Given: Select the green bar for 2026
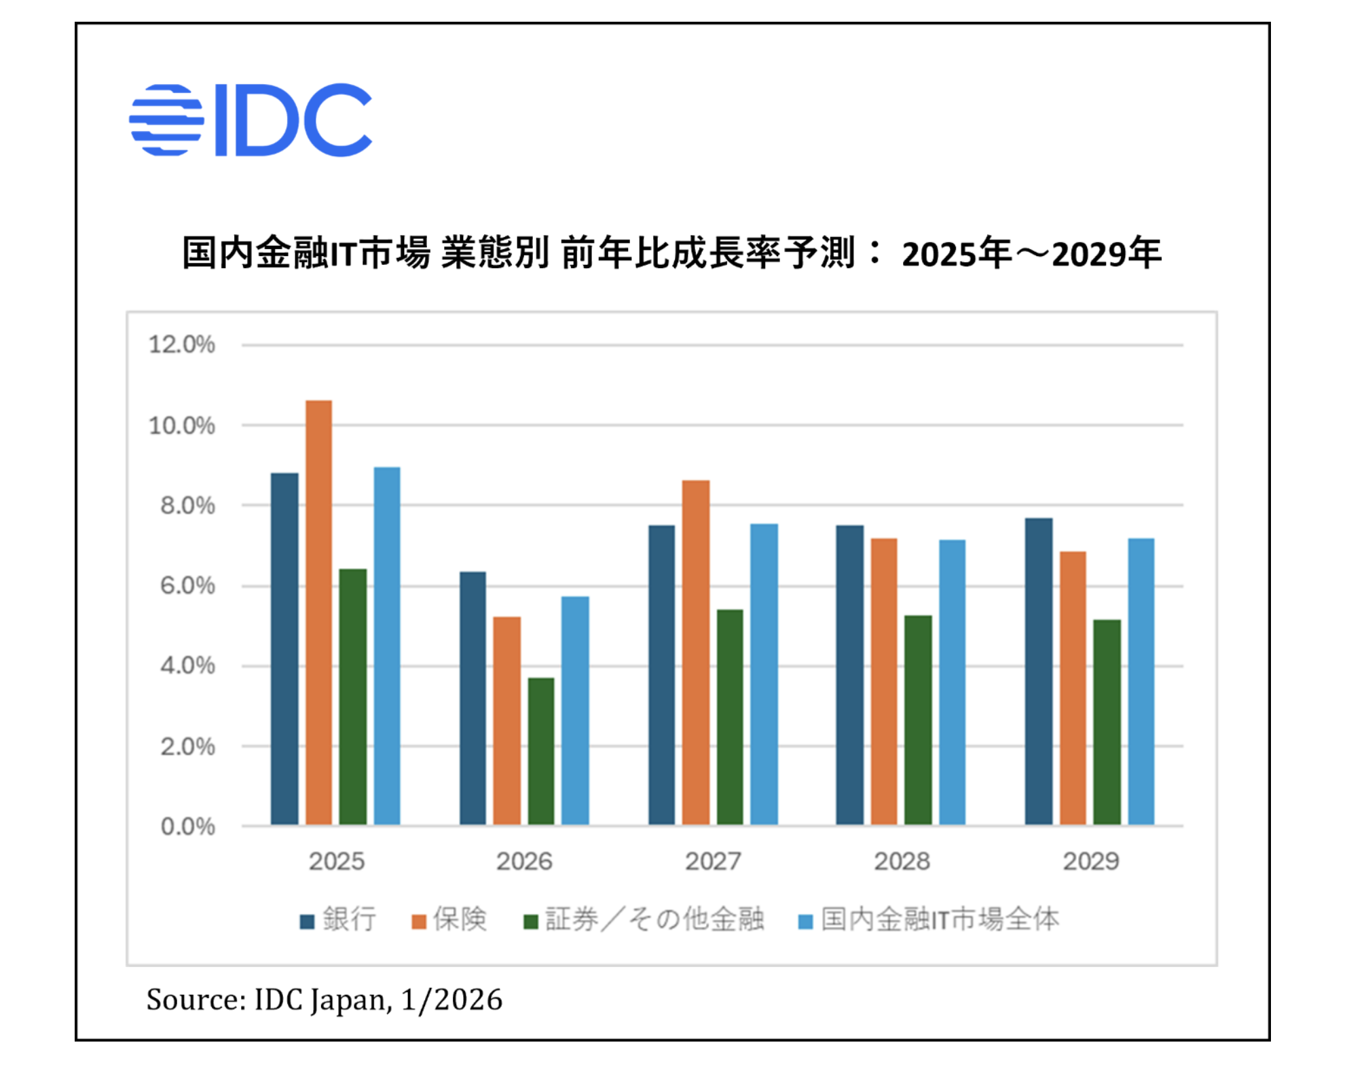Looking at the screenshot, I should [540, 751].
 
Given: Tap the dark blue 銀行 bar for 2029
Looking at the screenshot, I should [1038, 672].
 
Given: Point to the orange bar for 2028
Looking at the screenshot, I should [883, 682].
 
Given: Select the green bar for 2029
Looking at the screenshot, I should [1107, 722].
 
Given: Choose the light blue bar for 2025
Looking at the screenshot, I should [387, 646].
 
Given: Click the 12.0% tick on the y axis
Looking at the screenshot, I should [181, 345].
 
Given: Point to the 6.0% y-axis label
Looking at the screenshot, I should [187, 586].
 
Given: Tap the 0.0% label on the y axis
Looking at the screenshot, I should [187, 826].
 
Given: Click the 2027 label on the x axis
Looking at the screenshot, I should [712, 861].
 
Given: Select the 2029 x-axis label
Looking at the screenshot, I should [1090, 861].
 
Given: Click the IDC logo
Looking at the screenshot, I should [251, 120].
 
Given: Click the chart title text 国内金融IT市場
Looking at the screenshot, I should [306, 253].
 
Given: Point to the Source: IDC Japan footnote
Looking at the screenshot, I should [324, 999].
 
